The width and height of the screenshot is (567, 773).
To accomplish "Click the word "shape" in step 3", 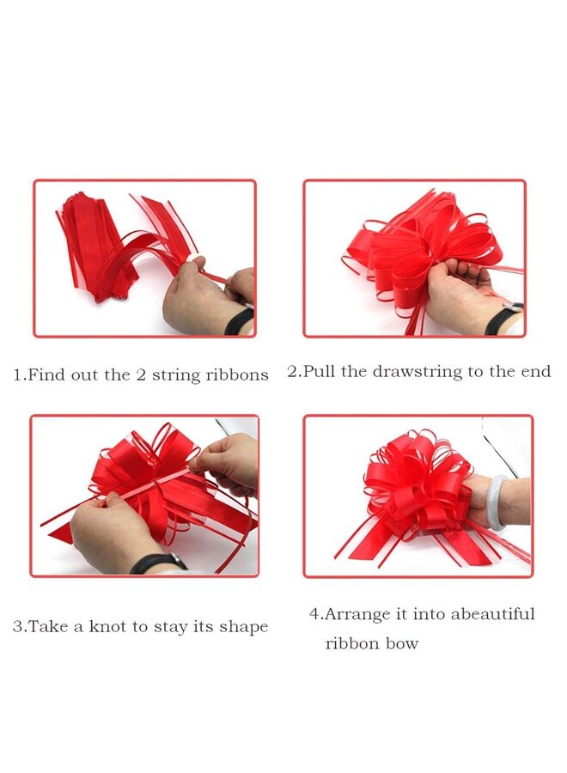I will coord(245,628).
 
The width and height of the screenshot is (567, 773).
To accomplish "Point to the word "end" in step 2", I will coord(534,372).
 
